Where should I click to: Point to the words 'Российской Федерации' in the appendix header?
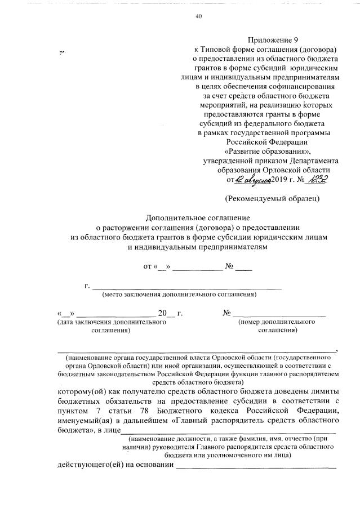click(x=268, y=142)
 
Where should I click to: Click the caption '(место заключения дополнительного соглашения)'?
click(x=179, y=294)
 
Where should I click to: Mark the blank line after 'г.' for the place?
click(x=186, y=287)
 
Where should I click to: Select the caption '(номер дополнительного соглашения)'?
click(x=277, y=326)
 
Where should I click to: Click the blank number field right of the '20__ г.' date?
click(x=279, y=314)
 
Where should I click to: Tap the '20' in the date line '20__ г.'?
click(x=163, y=313)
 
